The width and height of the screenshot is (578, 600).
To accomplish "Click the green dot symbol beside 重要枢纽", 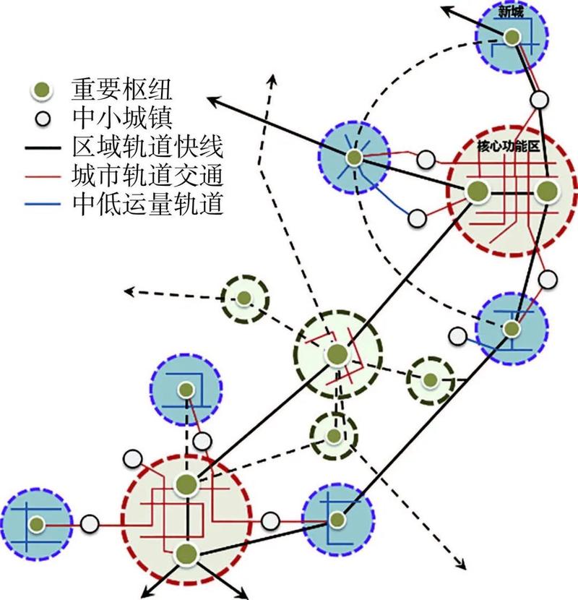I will [43, 90].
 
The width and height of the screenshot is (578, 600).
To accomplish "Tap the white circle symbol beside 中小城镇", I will [43, 118].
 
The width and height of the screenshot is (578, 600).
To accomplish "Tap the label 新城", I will [511, 11].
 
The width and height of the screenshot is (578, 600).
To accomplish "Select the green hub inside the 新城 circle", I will [512, 37].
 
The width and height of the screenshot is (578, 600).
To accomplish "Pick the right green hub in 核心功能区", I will [546, 192].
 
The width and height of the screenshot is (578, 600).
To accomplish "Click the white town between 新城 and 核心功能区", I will [538, 99].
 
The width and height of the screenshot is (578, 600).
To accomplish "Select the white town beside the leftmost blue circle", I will [89, 523].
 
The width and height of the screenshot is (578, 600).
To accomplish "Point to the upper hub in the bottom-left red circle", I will [186, 485].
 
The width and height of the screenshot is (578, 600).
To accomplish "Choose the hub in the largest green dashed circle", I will [337, 354].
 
